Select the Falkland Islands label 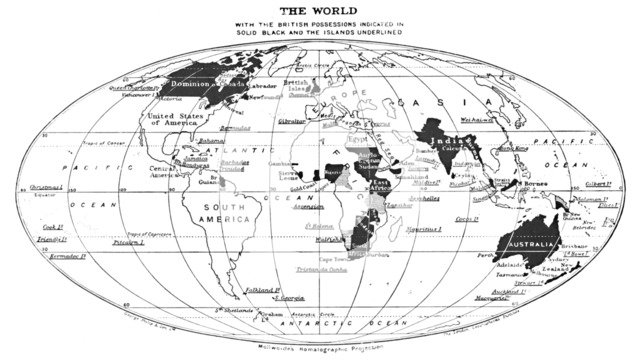pos(261,291)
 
